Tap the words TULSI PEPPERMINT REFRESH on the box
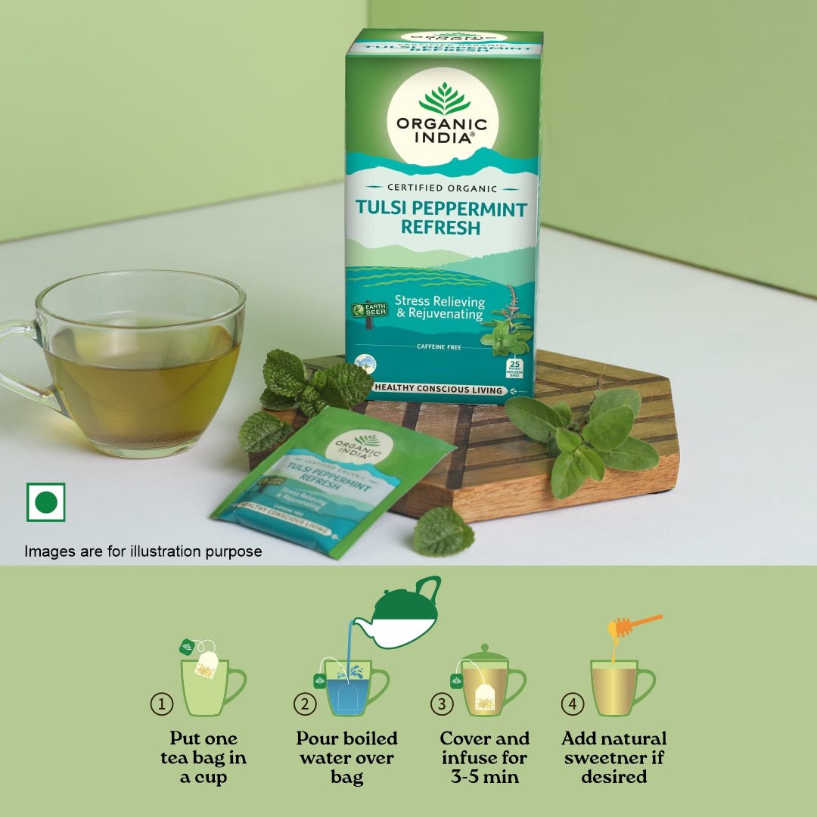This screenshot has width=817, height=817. click(441, 218)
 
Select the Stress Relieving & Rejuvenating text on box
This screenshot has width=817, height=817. click(440, 307)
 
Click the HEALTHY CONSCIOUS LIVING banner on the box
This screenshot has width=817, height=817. click(439, 390)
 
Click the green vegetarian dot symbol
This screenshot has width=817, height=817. click(46, 502)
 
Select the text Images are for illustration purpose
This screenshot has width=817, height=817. click(143, 551)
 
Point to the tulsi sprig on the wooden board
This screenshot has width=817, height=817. click(582, 443)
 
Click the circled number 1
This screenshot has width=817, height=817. click(161, 704)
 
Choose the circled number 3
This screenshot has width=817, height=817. click(442, 704)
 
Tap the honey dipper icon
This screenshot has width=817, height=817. click(634, 627)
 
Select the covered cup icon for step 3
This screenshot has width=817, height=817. click(488, 681)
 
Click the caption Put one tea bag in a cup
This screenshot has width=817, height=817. click(203, 757)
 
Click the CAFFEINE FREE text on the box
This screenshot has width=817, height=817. click(439, 346)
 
